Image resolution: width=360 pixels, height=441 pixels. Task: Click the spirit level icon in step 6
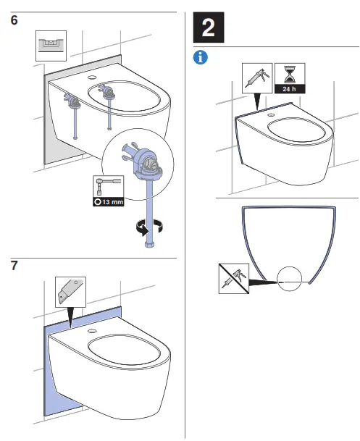tap(50, 45)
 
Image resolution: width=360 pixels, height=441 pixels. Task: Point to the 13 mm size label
tap(106, 201)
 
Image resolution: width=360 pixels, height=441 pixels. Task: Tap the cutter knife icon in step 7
tap(70, 292)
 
